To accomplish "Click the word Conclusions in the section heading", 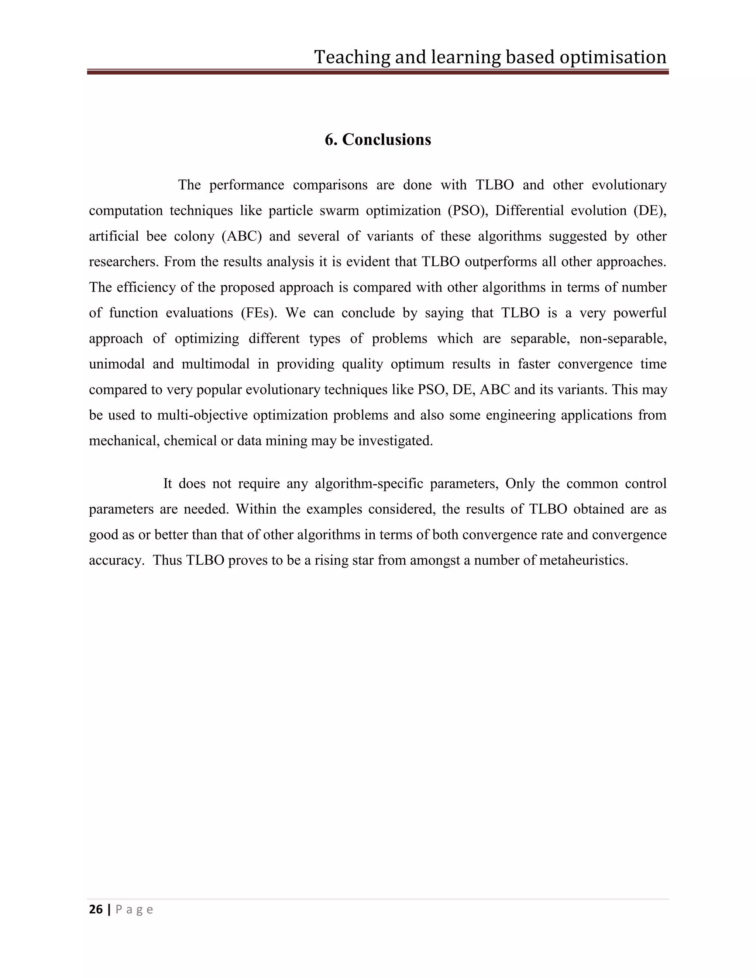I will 386,140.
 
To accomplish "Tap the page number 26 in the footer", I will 96,909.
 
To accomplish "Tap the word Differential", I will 529,210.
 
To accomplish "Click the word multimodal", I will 216,364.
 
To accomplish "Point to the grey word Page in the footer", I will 134,909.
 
